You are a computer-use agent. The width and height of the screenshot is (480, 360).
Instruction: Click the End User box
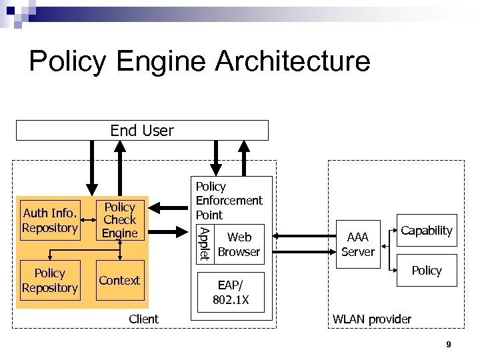(142, 131)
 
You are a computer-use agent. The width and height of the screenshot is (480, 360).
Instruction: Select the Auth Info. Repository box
(51, 221)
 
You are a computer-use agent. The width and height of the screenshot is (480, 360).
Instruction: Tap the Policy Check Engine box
(120, 221)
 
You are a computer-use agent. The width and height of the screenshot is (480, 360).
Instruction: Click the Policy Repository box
(51, 281)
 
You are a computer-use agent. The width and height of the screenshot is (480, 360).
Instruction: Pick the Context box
(120, 281)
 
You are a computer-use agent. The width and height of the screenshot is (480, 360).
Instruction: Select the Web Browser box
(239, 244)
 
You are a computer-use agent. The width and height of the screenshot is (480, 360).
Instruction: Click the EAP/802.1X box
(231, 292)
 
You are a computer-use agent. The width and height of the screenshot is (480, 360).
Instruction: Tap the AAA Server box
(358, 244)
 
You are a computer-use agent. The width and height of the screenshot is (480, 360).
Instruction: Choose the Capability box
(427, 231)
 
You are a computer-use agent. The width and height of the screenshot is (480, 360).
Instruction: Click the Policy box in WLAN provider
(427, 270)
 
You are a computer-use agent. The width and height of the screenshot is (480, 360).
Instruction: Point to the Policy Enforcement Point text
(229, 201)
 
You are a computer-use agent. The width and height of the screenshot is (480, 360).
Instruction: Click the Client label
(143, 319)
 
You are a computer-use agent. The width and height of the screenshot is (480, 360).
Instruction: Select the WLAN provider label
(372, 319)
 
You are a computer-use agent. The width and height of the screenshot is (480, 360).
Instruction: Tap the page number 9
(449, 345)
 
